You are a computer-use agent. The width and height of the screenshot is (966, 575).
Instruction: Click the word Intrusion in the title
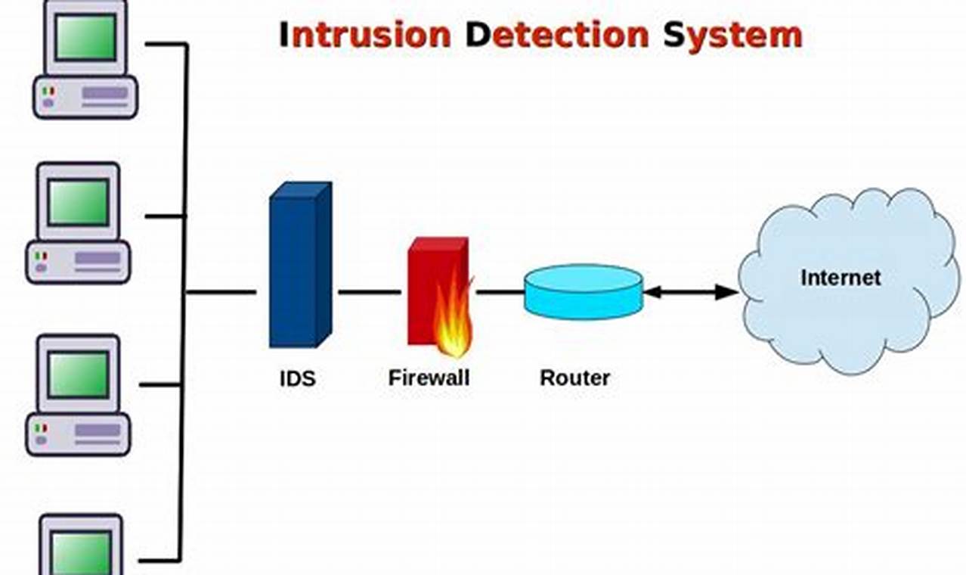click(x=365, y=35)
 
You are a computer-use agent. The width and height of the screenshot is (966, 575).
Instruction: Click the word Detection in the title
click(x=556, y=35)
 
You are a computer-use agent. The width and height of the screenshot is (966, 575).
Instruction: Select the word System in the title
click(x=732, y=35)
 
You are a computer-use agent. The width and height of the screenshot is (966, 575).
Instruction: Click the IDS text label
click(x=297, y=378)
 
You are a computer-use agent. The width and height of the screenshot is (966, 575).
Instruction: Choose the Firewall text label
click(x=429, y=378)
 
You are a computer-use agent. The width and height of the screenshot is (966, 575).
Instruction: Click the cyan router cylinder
click(x=583, y=291)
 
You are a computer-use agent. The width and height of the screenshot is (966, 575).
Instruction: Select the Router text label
click(x=574, y=378)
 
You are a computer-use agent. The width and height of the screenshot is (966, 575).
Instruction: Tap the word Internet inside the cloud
click(x=841, y=278)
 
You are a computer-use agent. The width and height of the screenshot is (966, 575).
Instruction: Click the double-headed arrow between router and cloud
click(x=690, y=292)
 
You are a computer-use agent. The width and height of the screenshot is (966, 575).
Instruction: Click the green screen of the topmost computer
click(x=85, y=36)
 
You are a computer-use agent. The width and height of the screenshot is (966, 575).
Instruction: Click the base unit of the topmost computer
click(x=85, y=97)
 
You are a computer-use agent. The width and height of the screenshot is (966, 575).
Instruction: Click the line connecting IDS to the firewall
click(x=369, y=292)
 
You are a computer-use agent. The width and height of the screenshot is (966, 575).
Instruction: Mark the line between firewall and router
click(x=499, y=292)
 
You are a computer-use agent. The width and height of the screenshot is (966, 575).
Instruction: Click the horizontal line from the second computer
click(x=164, y=216)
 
